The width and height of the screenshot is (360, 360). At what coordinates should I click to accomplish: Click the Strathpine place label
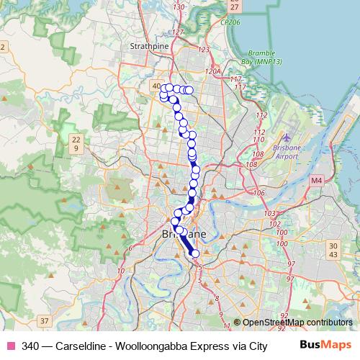(x=148, y=45)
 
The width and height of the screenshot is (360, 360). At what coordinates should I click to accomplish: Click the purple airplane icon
(x=287, y=137)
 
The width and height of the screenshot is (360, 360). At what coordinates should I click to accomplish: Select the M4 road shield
(x=316, y=181)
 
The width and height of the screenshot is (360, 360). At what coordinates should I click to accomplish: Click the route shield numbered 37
(x=45, y=320)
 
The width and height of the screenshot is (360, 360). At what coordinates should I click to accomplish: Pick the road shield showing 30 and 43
(x=333, y=250)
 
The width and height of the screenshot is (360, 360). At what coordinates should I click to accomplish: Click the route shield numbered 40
(x=157, y=86)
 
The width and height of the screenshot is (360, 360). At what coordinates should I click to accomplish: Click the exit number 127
(x=179, y=32)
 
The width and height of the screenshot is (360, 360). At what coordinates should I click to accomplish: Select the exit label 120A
(x=212, y=72)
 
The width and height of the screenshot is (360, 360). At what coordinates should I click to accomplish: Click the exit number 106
(x=260, y=193)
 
